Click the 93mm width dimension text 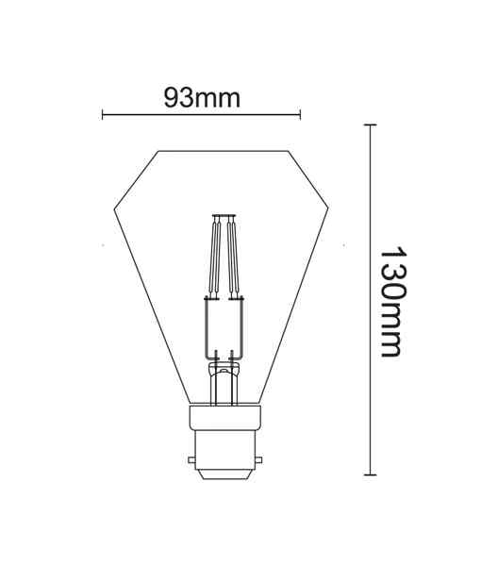(x=202, y=97)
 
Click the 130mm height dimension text (x=392, y=303)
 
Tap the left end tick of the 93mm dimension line (x=103, y=115)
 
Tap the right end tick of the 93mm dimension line (x=300, y=115)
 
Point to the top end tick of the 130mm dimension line (x=370, y=125)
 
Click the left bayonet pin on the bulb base (x=191, y=461)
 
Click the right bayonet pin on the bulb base (x=255, y=461)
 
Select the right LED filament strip (x=232, y=257)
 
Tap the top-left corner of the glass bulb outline (x=158, y=151)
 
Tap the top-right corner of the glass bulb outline (x=288, y=151)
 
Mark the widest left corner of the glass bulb (x=114, y=208)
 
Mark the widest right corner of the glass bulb (x=328, y=208)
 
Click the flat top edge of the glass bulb (x=223, y=151)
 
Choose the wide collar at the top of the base (x=223, y=417)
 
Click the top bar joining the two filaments (x=223, y=216)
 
